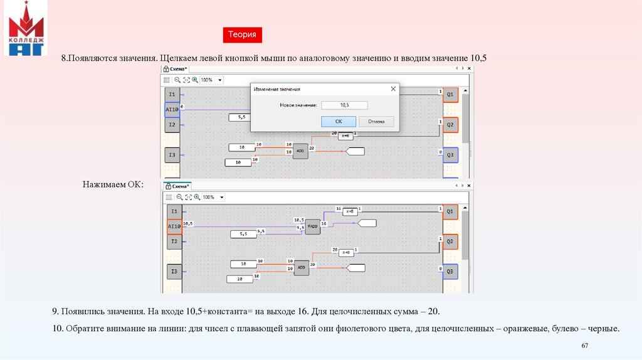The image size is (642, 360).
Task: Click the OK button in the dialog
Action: pos(339,122)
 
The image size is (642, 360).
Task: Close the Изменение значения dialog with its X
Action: pos(393,90)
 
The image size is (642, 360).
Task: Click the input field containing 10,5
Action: pos(344,105)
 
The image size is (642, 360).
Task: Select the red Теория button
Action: pos(242,35)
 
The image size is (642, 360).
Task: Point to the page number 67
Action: pos(585,346)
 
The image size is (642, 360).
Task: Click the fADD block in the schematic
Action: pos(313,226)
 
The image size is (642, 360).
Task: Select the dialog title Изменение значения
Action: pos(276,90)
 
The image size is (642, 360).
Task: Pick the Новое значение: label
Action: pos(298,105)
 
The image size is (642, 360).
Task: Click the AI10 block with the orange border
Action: pos(174,226)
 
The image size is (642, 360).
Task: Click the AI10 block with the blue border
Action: pos(172,110)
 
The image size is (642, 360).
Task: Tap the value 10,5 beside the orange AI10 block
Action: pos(188,223)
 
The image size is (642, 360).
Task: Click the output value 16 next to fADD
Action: pos(324,223)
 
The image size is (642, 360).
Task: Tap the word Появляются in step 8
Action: pos(93,58)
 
